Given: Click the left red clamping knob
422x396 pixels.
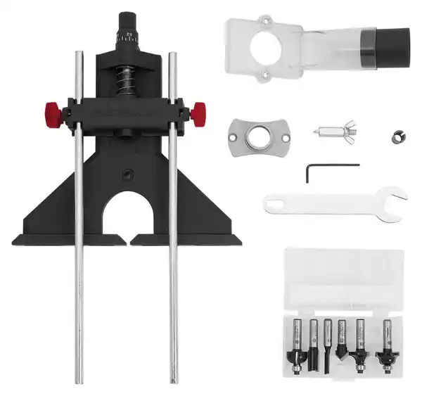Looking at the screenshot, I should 51,111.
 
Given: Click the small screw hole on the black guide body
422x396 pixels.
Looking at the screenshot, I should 128,172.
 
